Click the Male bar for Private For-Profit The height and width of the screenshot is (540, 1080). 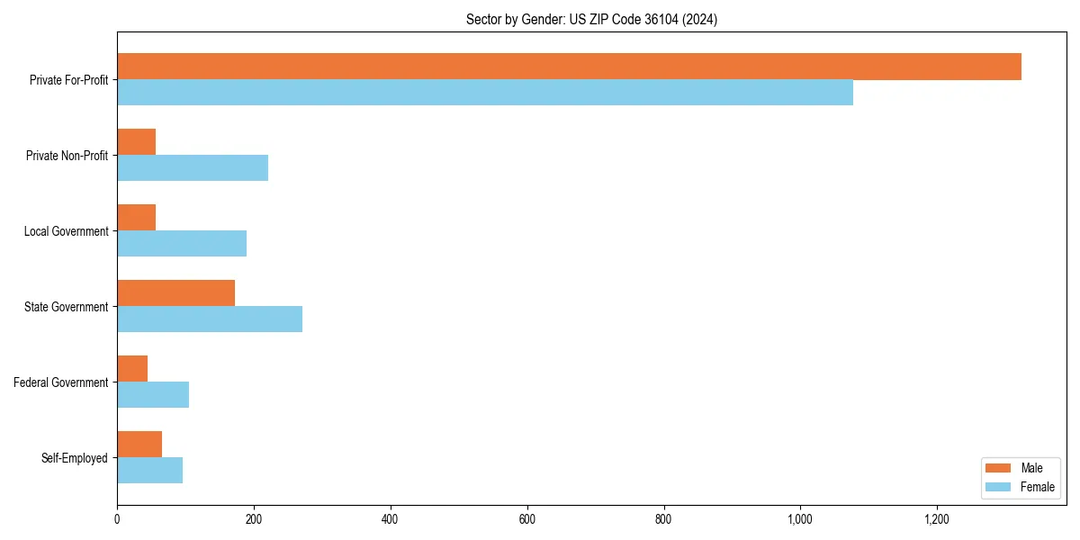click(x=569, y=67)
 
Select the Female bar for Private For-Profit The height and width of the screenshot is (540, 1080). click(x=485, y=93)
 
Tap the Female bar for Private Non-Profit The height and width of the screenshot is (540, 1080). click(x=193, y=168)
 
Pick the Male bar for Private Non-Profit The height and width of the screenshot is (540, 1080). click(x=136, y=142)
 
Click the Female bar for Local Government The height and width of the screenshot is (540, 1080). click(x=182, y=244)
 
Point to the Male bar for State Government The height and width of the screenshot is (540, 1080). click(x=175, y=293)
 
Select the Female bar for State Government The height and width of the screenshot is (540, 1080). click(x=210, y=319)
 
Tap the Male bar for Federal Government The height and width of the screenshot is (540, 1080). click(x=132, y=369)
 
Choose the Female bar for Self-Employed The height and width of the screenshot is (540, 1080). click(x=149, y=471)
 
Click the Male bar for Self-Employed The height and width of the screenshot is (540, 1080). click(x=139, y=445)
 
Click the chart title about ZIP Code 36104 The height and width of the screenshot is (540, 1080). click(x=591, y=19)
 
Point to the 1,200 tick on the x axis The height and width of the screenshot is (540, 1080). click(x=937, y=519)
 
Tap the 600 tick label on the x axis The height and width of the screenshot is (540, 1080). click(x=527, y=519)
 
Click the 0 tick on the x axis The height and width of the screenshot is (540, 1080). click(x=117, y=519)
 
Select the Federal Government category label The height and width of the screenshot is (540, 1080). click(x=61, y=382)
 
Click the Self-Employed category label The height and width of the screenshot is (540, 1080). click(x=75, y=458)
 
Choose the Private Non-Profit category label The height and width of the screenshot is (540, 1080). click(x=67, y=156)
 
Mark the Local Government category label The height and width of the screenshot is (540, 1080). click(x=66, y=231)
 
